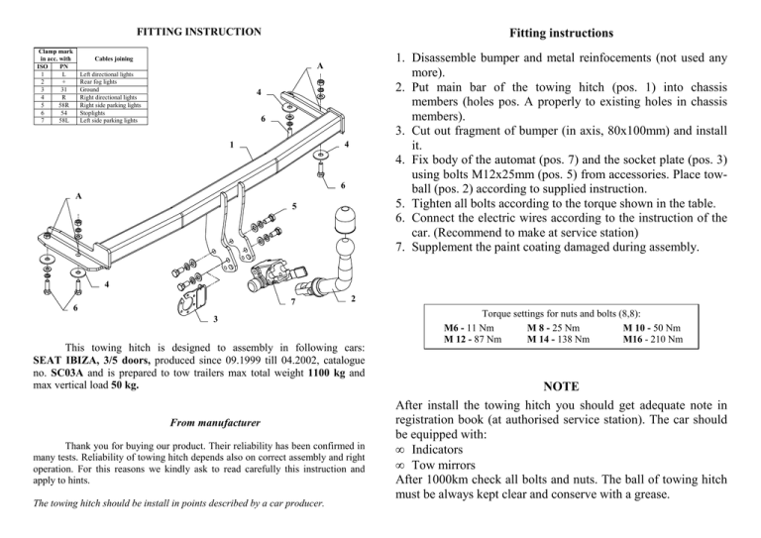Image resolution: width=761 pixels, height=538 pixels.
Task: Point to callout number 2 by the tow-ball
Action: pyautogui.click(x=353, y=299)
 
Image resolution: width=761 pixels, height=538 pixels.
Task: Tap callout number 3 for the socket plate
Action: pyautogui.click(x=217, y=319)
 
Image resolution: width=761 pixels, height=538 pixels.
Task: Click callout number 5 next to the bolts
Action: pyautogui.click(x=293, y=206)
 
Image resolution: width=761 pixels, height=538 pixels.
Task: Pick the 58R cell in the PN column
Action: pyautogui.click(x=62, y=104)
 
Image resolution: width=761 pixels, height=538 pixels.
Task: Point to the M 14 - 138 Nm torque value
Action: pyautogui.click(x=556, y=338)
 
